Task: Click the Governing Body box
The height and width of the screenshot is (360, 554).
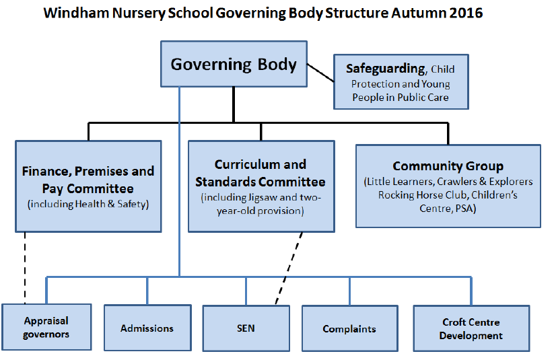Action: coord(234,64)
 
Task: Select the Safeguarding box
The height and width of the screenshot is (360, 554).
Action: coord(401,81)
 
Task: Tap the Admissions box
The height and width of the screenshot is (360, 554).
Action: coord(147,328)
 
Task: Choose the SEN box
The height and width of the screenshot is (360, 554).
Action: coord(246,328)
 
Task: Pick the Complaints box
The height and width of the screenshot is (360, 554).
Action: coord(350,328)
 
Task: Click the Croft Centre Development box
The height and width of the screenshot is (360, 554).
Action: coord(471,328)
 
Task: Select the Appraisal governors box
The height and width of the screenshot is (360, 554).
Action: coord(46,327)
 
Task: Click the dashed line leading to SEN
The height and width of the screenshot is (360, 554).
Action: coord(289,268)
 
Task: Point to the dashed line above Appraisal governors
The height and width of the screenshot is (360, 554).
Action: coord(25,268)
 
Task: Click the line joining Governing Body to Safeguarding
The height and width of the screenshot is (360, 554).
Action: coord(320,73)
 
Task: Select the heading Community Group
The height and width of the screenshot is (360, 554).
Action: coord(448,166)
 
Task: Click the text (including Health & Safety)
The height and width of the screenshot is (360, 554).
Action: coord(88,204)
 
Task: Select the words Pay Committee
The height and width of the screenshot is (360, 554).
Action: coord(88,188)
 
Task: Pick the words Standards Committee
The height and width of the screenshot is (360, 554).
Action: coord(261,182)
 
